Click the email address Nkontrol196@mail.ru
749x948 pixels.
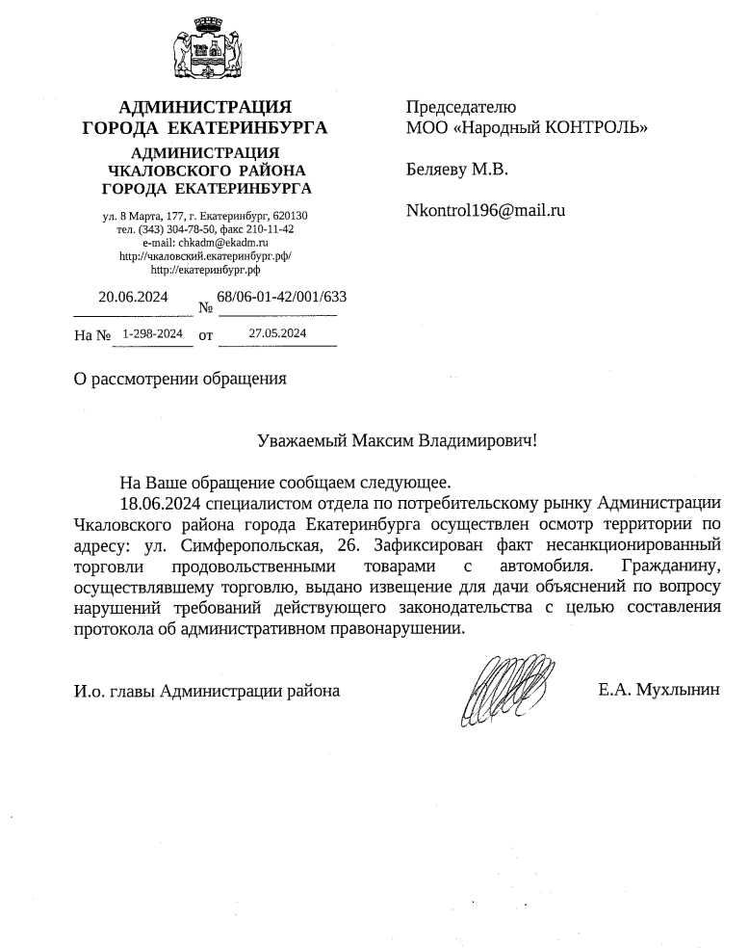pyautogui.click(x=485, y=209)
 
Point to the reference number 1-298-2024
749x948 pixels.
pyautogui.click(x=152, y=334)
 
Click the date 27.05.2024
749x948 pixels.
pyautogui.click(x=277, y=334)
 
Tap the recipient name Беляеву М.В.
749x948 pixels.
pyautogui.click(x=457, y=170)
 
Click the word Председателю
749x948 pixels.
pyautogui.click(x=461, y=107)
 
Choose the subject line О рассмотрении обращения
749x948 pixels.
pyautogui.click(x=181, y=378)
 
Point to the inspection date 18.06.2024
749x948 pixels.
pyautogui.click(x=161, y=503)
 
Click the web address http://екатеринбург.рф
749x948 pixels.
pyautogui.click(x=205, y=271)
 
